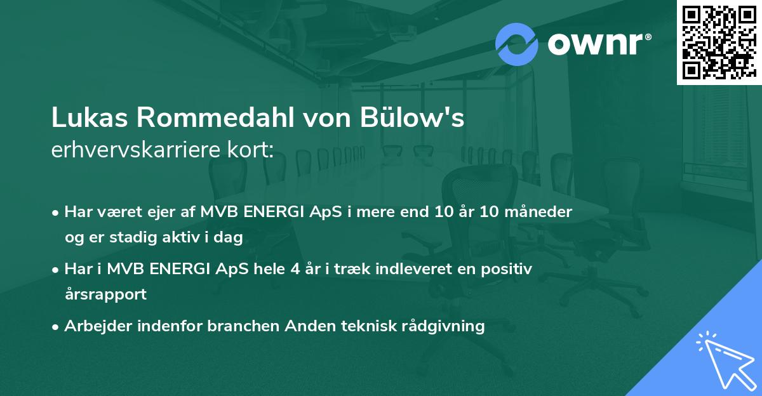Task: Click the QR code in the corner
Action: (x=719, y=42)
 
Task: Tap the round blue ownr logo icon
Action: (x=517, y=44)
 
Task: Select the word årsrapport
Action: (x=105, y=294)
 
